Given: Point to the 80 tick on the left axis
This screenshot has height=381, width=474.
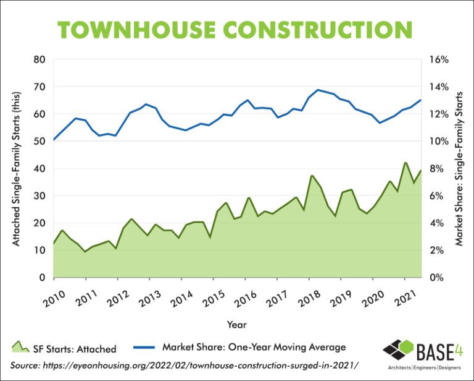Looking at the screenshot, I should pos(39,60).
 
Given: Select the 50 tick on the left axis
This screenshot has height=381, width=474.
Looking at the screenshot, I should pos(39,141).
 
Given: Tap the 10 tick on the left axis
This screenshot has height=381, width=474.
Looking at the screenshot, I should pos(39,250).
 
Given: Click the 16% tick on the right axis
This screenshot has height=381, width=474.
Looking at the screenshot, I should pos(438,60).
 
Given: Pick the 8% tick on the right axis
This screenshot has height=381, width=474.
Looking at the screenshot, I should pos(436,168).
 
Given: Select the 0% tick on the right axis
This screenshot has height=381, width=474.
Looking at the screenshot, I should pos(436,277).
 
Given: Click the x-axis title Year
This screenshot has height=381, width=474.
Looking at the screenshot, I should pos(237,323).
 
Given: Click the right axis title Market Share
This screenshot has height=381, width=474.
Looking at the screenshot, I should pos(459,168).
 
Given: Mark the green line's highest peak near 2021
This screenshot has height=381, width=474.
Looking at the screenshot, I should pos(405,163).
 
